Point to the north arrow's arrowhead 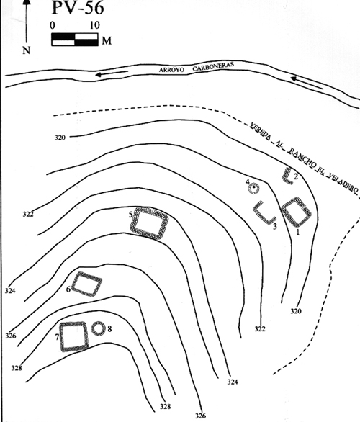pyautogui.click(x=27, y=4)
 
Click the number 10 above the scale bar pyautogui.click(x=94, y=24)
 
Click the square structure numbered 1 pyautogui.click(x=296, y=214)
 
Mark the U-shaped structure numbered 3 pyautogui.click(x=265, y=213)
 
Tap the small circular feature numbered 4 pyautogui.click(x=253, y=189)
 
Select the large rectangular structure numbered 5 pyautogui.click(x=150, y=223)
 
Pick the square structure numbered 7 pyautogui.click(x=74, y=336)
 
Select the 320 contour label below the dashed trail pyautogui.click(x=63, y=137)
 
